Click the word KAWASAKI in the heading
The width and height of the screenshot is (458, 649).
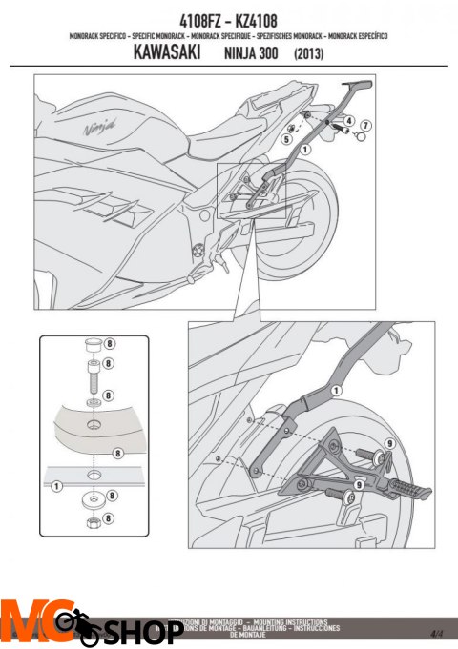[162, 54]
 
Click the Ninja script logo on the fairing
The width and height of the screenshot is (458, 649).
[98, 125]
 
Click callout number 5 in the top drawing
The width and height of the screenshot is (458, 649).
[285, 139]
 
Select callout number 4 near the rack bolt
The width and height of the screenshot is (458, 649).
[348, 121]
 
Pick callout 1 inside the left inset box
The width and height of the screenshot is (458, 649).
[56, 486]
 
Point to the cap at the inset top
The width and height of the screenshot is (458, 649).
[94, 344]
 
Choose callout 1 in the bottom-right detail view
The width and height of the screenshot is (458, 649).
[335, 391]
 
